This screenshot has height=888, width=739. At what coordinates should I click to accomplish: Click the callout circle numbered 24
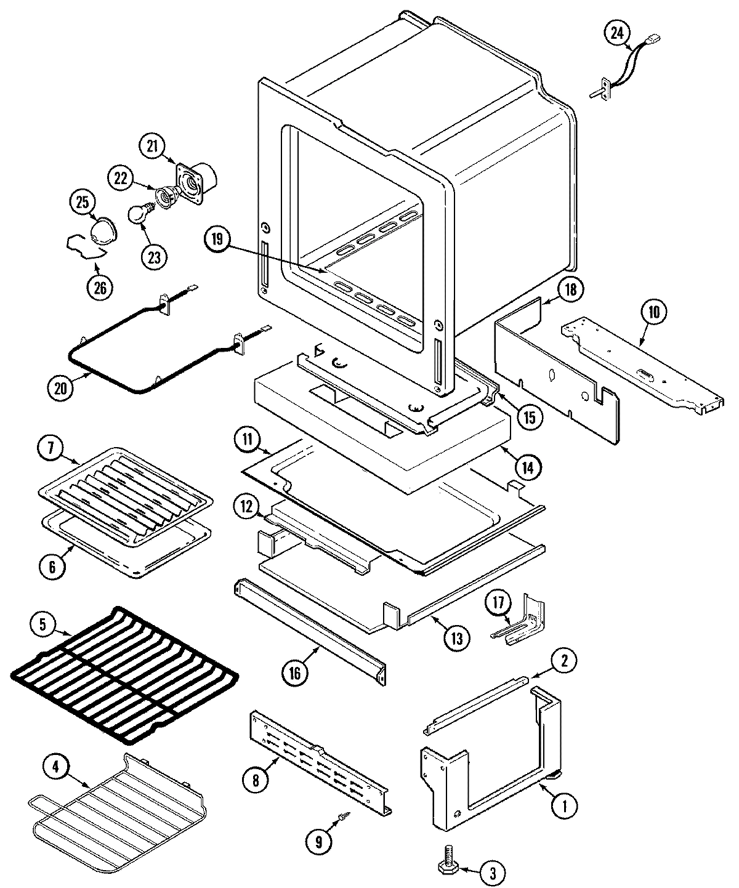click(616, 34)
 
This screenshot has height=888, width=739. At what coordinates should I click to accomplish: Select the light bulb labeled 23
click(137, 214)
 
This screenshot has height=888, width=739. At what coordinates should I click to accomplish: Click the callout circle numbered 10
click(653, 312)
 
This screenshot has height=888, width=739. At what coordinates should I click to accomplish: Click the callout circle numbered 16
click(294, 673)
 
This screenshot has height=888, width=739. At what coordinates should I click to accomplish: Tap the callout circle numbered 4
click(55, 767)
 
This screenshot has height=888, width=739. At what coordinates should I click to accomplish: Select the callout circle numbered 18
click(570, 289)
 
